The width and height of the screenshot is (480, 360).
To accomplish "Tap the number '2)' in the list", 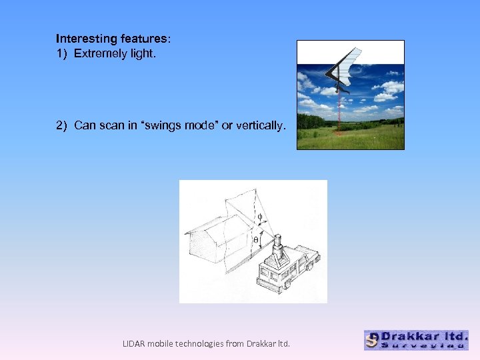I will pyautogui.click(x=62, y=125).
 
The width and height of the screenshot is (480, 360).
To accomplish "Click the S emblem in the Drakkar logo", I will pyautogui.click(x=373, y=340).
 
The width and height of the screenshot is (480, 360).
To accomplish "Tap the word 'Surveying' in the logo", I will pyautogui.click(x=424, y=345).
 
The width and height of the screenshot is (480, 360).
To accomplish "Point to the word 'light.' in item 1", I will pyautogui.click(x=143, y=53).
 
